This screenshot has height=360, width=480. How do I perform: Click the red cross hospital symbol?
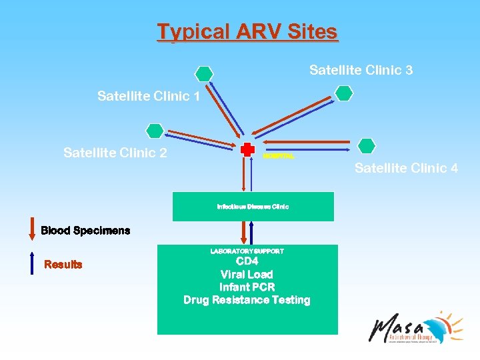247,149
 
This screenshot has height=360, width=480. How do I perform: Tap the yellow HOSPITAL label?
278,156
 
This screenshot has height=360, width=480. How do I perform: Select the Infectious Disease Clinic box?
253,207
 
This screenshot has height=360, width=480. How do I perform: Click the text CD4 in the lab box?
247,262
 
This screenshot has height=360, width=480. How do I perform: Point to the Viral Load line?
247,275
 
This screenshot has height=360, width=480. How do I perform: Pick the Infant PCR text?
247,287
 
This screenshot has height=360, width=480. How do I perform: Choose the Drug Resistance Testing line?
247,300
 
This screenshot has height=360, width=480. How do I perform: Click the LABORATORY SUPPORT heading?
247,251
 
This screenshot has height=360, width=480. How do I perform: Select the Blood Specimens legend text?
85,231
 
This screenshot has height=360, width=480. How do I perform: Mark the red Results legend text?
63,265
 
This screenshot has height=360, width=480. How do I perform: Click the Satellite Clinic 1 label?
149,97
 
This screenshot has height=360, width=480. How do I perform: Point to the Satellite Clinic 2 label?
115,153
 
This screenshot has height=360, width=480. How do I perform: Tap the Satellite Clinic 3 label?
361,70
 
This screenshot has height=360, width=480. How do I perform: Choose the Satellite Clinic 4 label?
406,168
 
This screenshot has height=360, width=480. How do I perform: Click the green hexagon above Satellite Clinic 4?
366,145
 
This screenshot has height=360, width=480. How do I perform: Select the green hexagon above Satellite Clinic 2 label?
155,131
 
